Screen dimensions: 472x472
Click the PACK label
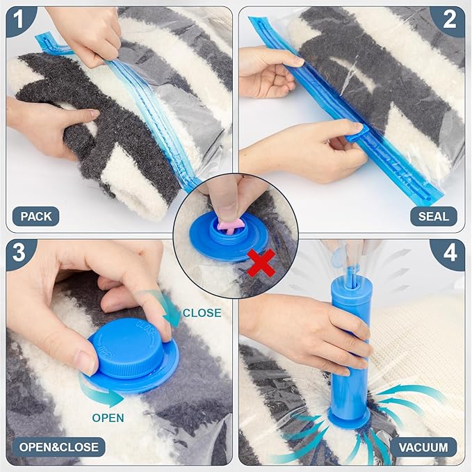point(36,216)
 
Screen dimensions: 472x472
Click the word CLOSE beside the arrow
point(202,313)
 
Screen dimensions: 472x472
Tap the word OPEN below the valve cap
point(108,418)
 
